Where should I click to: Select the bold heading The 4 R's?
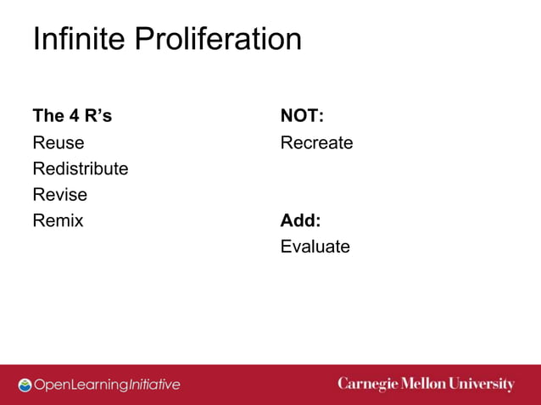pos(72,116)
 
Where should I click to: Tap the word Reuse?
pos(59,142)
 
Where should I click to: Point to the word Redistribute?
pos(81,169)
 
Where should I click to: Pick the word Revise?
pos(59,195)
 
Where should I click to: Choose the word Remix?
pos(59,221)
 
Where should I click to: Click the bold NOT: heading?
pos(303,116)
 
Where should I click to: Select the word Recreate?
pos(316,142)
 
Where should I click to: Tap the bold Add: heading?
pos(301,221)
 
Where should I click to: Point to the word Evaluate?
pos(315,247)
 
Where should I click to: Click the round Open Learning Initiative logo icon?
pos(25,385)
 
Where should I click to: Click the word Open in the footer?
pos(50,385)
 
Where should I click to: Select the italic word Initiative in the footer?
pos(153,385)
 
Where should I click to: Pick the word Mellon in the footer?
pos(424,384)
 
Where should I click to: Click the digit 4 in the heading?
pos(74,116)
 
